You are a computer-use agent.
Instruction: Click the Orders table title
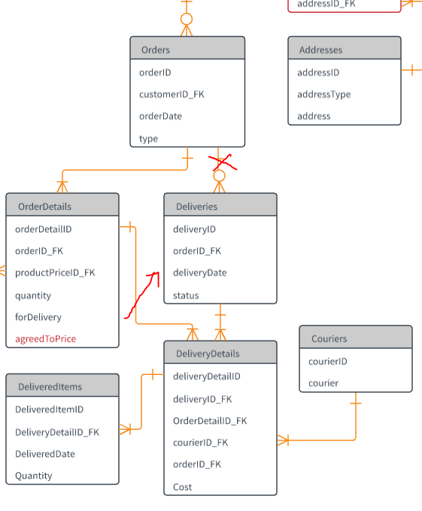[x=156, y=50]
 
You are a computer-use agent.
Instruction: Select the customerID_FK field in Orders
[x=172, y=95]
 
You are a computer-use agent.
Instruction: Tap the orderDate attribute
[x=160, y=116]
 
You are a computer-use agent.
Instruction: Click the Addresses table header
[x=321, y=50]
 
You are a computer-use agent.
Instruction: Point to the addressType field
[x=324, y=95]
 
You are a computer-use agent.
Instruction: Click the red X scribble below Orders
[x=223, y=162]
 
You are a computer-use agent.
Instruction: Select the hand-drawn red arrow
[x=141, y=295]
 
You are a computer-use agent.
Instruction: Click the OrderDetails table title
[x=44, y=207]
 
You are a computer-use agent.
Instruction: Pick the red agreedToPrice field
[x=46, y=339]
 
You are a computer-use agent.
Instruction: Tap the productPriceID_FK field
[x=55, y=273]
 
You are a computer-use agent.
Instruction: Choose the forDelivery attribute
[x=38, y=317]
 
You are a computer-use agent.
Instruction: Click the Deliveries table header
[x=196, y=207]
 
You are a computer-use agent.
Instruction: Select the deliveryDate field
[x=200, y=273]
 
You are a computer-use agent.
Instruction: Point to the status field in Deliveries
[x=186, y=295]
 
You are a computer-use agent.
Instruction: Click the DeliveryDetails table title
[x=208, y=354]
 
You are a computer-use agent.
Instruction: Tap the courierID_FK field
[x=201, y=443]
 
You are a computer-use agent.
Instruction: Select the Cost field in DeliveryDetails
[x=182, y=487]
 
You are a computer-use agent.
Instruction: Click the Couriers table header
[x=329, y=339]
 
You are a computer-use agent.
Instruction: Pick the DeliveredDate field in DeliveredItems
[x=45, y=454]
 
